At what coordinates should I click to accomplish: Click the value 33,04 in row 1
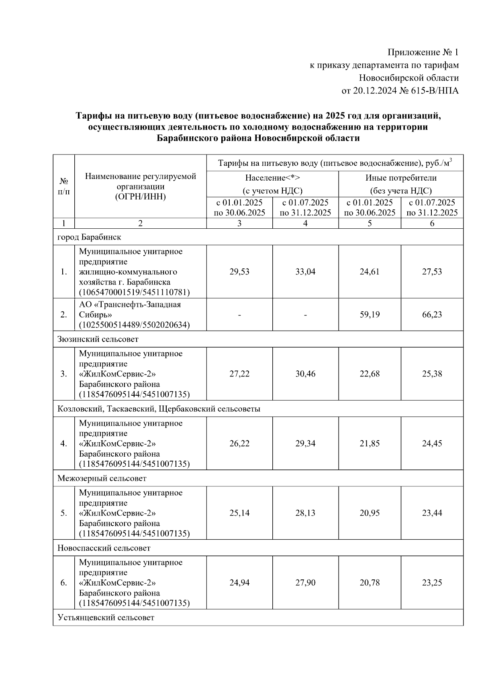(x=305, y=272)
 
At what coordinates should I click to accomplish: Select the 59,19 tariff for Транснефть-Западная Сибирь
(x=370, y=315)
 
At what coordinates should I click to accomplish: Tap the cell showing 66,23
(x=432, y=315)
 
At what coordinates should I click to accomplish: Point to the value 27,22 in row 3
(x=239, y=374)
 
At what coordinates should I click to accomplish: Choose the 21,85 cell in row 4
(x=370, y=443)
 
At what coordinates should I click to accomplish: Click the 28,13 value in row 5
(x=305, y=513)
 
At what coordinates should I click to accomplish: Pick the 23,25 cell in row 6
(x=432, y=583)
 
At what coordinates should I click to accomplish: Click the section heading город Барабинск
(x=89, y=237)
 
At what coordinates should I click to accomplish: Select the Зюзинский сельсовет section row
(x=98, y=339)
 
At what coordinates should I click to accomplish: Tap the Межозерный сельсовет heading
(x=102, y=478)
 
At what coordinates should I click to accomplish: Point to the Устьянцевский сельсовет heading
(x=106, y=618)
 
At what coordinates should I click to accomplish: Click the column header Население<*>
(x=273, y=177)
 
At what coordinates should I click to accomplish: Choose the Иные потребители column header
(x=400, y=177)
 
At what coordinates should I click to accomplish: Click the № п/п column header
(x=63, y=186)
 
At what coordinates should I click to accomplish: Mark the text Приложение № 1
(x=423, y=52)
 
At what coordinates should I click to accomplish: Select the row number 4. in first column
(x=63, y=443)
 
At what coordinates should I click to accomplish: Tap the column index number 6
(x=432, y=224)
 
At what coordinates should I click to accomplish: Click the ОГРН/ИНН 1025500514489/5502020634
(x=135, y=325)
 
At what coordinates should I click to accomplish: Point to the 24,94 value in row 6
(x=239, y=583)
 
